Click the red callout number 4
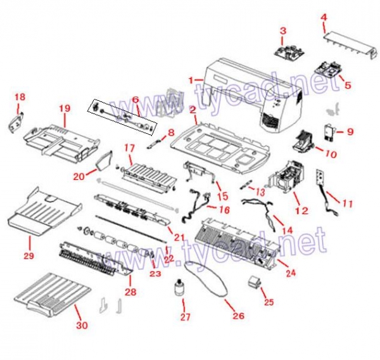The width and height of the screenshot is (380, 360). [x=324, y=18]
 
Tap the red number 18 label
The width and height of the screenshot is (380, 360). [x=20, y=97]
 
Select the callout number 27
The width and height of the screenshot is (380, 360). [x=184, y=317]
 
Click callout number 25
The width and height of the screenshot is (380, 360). [x=269, y=302]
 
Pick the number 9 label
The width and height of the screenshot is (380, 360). [x=350, y=132]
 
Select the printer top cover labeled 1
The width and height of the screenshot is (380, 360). [x=253, y=89]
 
